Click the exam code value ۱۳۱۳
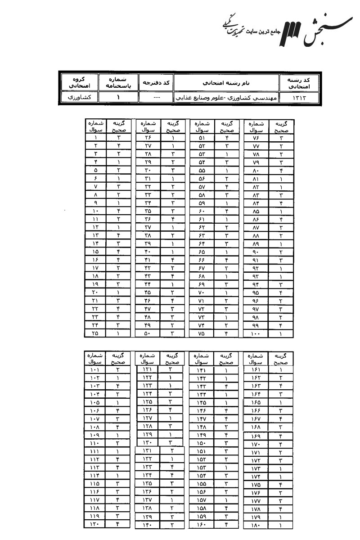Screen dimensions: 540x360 coord(299,98)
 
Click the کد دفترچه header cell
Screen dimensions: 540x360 coord(155,82)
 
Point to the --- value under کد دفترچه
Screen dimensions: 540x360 coord(155,98)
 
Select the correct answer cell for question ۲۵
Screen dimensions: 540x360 coord(119,333)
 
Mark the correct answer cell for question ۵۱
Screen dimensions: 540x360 coord(227,138)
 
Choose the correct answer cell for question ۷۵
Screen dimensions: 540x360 coord(227,333)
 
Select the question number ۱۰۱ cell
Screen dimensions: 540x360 coord(94,370)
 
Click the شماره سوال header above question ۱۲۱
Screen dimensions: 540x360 coord(149,358)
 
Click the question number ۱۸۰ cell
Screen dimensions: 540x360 coord(255,524)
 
